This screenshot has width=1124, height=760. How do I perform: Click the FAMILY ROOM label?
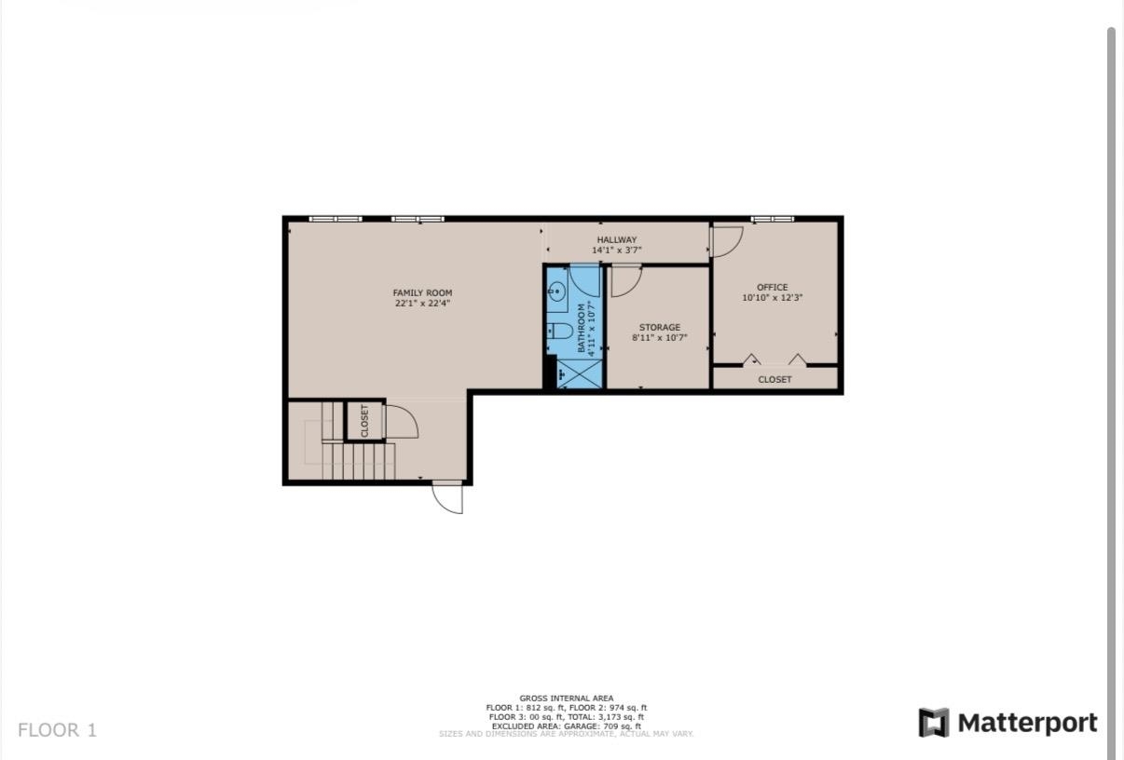tap(422, 292)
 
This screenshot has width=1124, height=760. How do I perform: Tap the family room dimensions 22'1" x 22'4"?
tap(422, 304)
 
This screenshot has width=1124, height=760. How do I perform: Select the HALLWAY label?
tap(617, 239)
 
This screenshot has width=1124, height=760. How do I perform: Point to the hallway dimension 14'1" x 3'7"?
tap(617, 251)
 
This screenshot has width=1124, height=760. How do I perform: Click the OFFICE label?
tap(773, 287)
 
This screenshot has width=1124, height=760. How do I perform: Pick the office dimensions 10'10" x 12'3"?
tap(773, 298)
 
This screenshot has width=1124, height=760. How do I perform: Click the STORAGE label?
tap(660, 327)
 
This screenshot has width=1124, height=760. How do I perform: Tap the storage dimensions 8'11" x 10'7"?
tap(659, 338)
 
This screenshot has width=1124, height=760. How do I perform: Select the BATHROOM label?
tap(581, 328)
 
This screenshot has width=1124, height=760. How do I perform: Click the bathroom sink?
tap(556, 291)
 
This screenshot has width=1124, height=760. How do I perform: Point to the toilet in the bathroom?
tap(560, 331)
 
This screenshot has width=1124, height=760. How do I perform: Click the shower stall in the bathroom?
tap(580, 374)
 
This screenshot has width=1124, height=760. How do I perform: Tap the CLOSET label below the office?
tap(774, 379)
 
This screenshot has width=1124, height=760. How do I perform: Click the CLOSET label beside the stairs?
tap(364, 421)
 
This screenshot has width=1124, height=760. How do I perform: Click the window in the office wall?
tap(773, 219)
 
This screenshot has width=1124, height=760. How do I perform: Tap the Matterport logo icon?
tap(933, 723)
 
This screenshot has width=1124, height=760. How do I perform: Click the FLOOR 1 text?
tap(57, 730)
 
